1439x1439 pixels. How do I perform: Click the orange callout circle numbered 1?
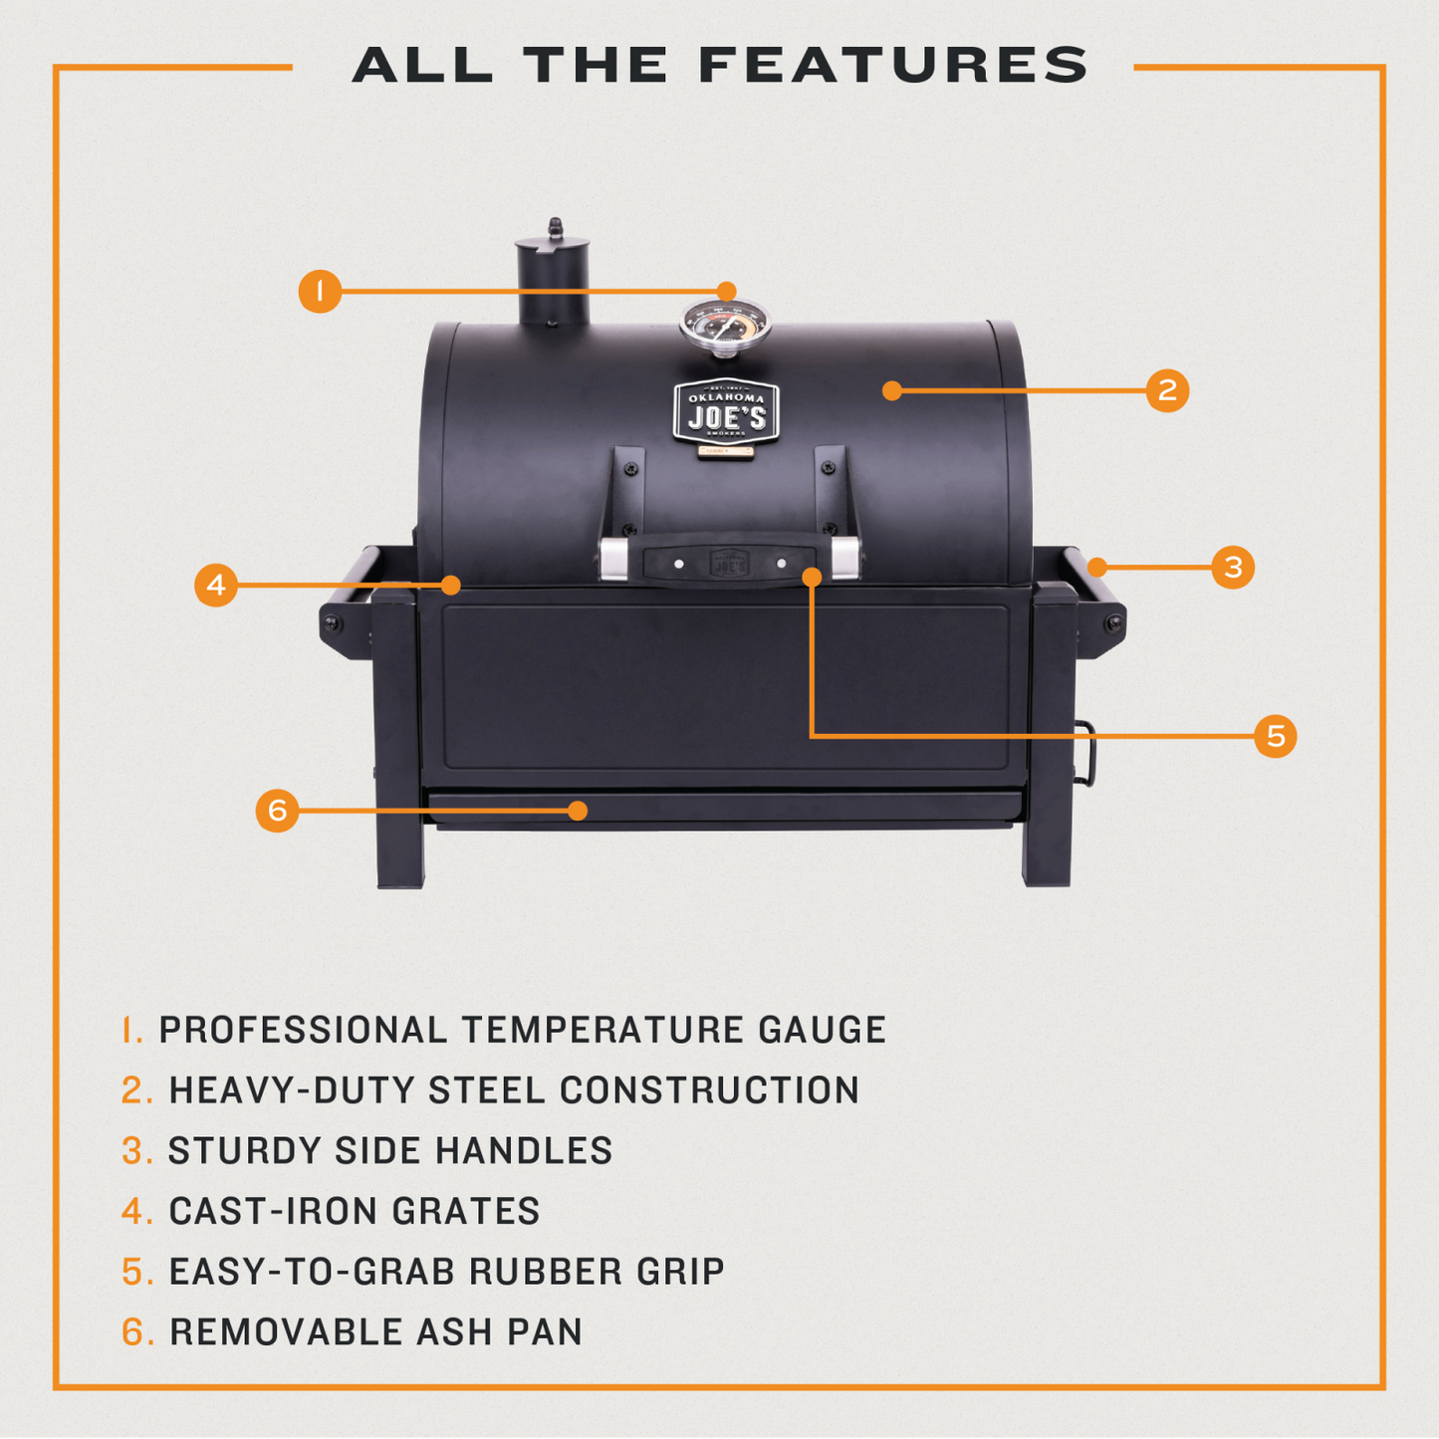[x=320, y=291]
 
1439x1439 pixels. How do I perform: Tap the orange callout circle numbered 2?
[x=1167, y=390]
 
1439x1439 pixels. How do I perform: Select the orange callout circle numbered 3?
[x=1233, y=568]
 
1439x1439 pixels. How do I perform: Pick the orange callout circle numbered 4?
[x=216, y=585]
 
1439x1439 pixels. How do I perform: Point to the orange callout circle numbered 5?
[x=1275, y=736]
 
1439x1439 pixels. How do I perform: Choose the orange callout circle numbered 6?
[x=277, y=811]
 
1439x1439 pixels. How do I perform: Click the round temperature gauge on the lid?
[x=725, y=325]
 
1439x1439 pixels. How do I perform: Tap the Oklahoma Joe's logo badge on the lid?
[x=726, y=411]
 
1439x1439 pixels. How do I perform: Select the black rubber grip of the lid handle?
[x=729, y=564]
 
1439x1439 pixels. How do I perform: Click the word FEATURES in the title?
[x=893, y=66]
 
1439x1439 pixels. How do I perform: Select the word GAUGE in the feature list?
[x=822, y=1030]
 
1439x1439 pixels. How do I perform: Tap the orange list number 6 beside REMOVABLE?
[x=136, y=1331]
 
